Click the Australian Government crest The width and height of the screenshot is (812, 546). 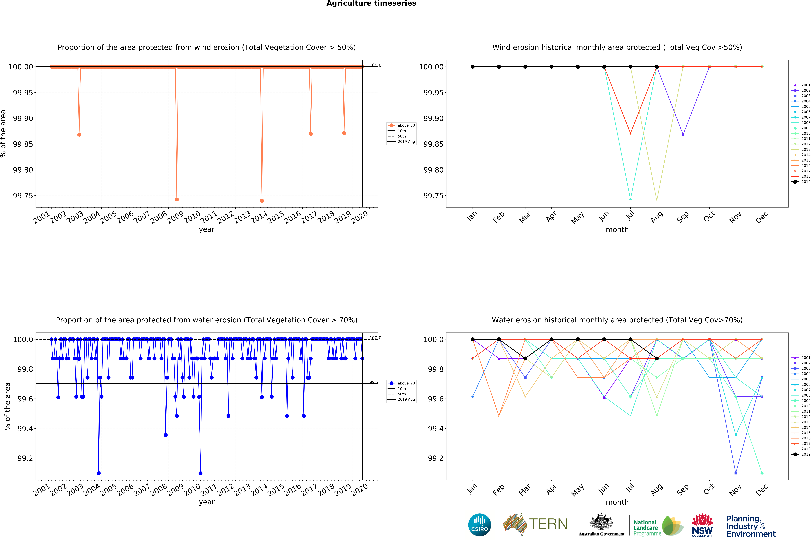click(601, 522)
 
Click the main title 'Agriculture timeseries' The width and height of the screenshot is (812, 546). click(371, 4)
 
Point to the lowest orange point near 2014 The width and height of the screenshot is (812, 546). click(262, 201)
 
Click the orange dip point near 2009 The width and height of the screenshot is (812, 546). click(177, 200)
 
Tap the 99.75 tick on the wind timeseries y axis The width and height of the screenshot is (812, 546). click(23, 196)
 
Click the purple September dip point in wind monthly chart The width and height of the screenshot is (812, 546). click(683, 134)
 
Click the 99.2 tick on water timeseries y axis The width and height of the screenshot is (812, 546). click(25, 458)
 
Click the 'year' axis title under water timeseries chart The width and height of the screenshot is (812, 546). click(207, 502)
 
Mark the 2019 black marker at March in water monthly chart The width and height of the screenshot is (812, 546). click(525, 358)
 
